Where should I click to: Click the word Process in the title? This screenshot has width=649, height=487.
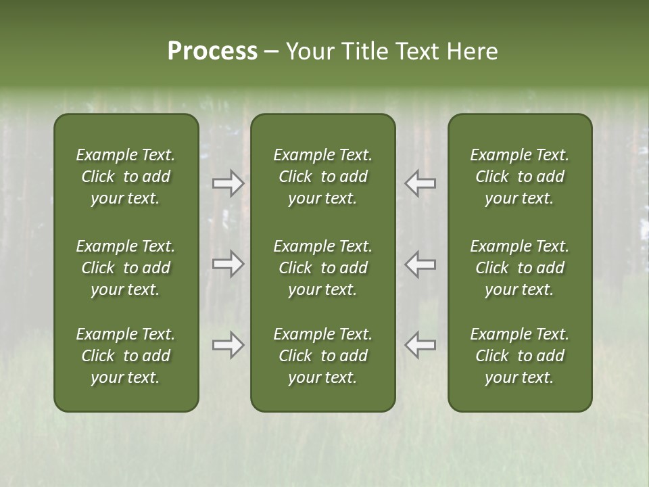pos(212,51)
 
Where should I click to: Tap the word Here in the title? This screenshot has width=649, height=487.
pos(471,51)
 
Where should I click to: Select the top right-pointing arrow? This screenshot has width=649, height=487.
pos(228,183)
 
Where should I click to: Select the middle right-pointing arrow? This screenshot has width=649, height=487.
pos(228,264)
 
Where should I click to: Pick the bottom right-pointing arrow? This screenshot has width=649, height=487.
pos(228,345)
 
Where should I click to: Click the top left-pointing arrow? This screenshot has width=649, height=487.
pos(420,183)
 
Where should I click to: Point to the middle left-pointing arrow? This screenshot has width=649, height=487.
pos(420,264)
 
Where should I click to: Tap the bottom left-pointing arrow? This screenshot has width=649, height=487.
pos(420,345)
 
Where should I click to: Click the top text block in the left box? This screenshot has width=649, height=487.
pos(126,177)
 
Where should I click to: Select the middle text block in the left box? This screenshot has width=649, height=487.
pos(126,268)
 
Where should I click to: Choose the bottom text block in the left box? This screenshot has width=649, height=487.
pos(126,356)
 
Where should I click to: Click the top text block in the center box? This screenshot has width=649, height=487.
pos(322,177)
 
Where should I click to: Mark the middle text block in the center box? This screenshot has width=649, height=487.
pos(322,268)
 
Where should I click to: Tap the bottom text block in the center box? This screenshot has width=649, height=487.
pos(322,356)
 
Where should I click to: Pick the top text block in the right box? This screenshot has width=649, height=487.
pos(519,177)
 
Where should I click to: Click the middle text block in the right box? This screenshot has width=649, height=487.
pos(519,268)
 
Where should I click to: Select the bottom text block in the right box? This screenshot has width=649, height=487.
pos(519,356)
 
